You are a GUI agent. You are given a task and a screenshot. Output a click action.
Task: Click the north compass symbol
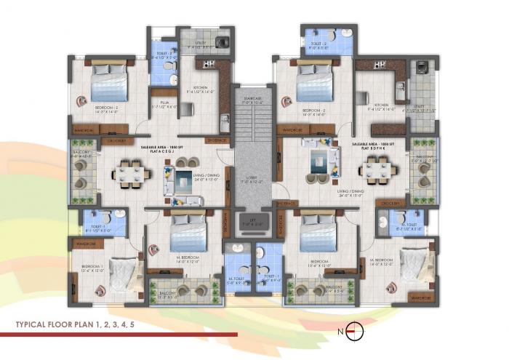[x=354, y=331]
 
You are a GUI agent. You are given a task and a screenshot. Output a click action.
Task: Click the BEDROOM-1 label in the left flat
[x=92, y=266]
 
